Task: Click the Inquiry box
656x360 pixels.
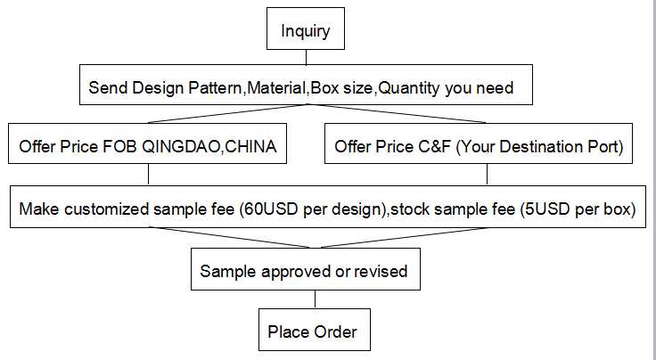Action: click(306, 29)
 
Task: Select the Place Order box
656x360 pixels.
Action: click(315, 330)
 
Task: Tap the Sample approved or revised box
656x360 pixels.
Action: click(306, 269)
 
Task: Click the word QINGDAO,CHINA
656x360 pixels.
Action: click(209, 147)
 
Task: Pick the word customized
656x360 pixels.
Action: click(107, 209)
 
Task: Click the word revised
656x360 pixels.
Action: click(381, 271)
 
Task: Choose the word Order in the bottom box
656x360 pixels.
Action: click(335, 332)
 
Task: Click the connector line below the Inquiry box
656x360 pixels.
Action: click(306, 57)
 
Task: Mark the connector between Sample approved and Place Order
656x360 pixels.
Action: click(315, 299)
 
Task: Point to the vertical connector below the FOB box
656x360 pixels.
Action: click(148, 174)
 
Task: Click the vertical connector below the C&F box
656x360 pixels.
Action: click(487, 174)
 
